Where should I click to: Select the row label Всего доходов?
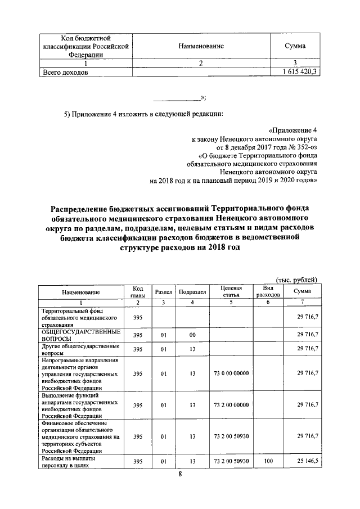click(65, 73)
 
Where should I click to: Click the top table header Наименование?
click(201, 46)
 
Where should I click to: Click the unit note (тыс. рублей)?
click(298, 280)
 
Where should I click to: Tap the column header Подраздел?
click(192, 291)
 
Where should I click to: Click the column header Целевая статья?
click(231, 291)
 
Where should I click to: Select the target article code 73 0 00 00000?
click(231, 373)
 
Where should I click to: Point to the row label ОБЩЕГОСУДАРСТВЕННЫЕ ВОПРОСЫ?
click(73, 335)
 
